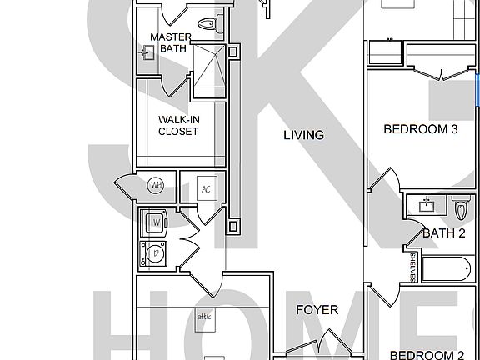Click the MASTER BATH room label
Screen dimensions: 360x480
click(x=170, y=42)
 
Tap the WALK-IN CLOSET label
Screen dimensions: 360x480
click(x=178, y=125)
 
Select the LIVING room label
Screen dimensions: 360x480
click(x=303, y=135)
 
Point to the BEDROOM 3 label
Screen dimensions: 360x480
click(x=421, y=129)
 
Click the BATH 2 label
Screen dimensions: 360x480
click(x=442, y=233)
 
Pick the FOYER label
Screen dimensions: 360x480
click(x=317, y=310)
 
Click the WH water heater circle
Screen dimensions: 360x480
click(x=157, y=186)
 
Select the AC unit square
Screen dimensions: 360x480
click(x=205, y=188)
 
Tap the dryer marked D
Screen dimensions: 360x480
click(x=154, y=252)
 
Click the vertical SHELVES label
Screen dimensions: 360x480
click(x=412, y=267)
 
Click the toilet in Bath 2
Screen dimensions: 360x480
click(x=461, y=205)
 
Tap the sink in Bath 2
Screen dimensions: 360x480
click(x=428, y=204)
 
